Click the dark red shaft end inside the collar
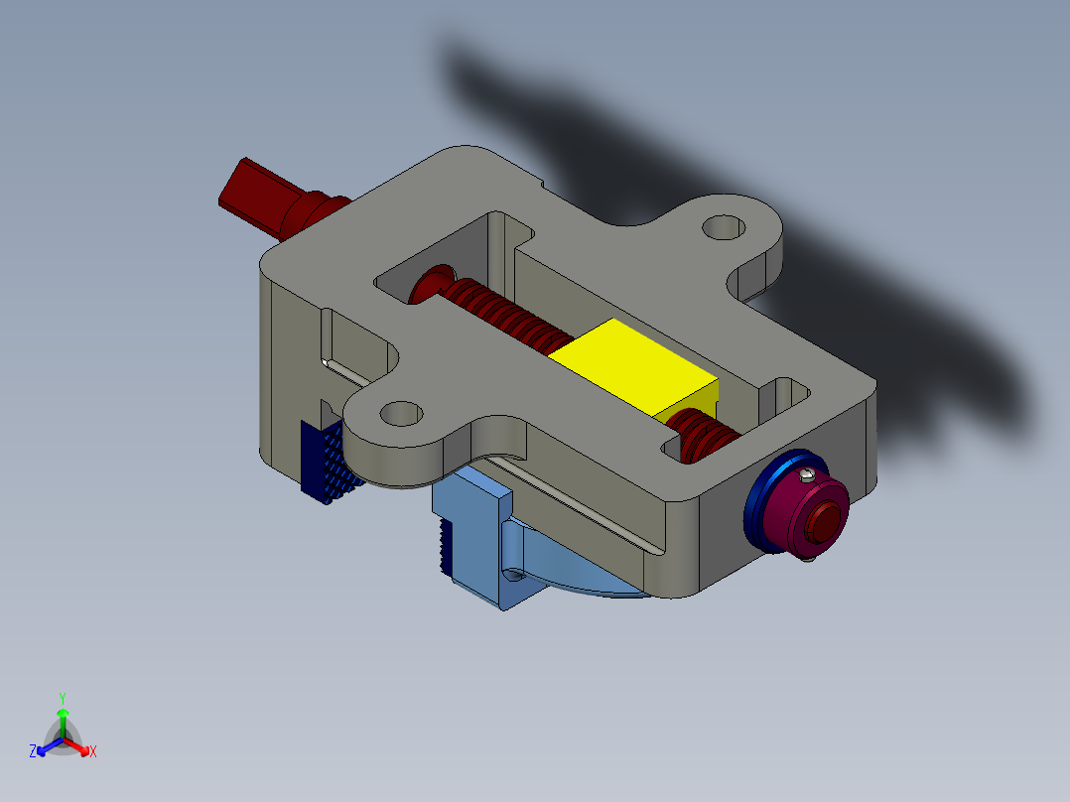coord(825,520)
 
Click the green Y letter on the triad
coord(62,697)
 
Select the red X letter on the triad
coord(93,752)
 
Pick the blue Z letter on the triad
coord(33,752)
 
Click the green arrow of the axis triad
coord(62,717)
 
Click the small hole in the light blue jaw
coord(513,574)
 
